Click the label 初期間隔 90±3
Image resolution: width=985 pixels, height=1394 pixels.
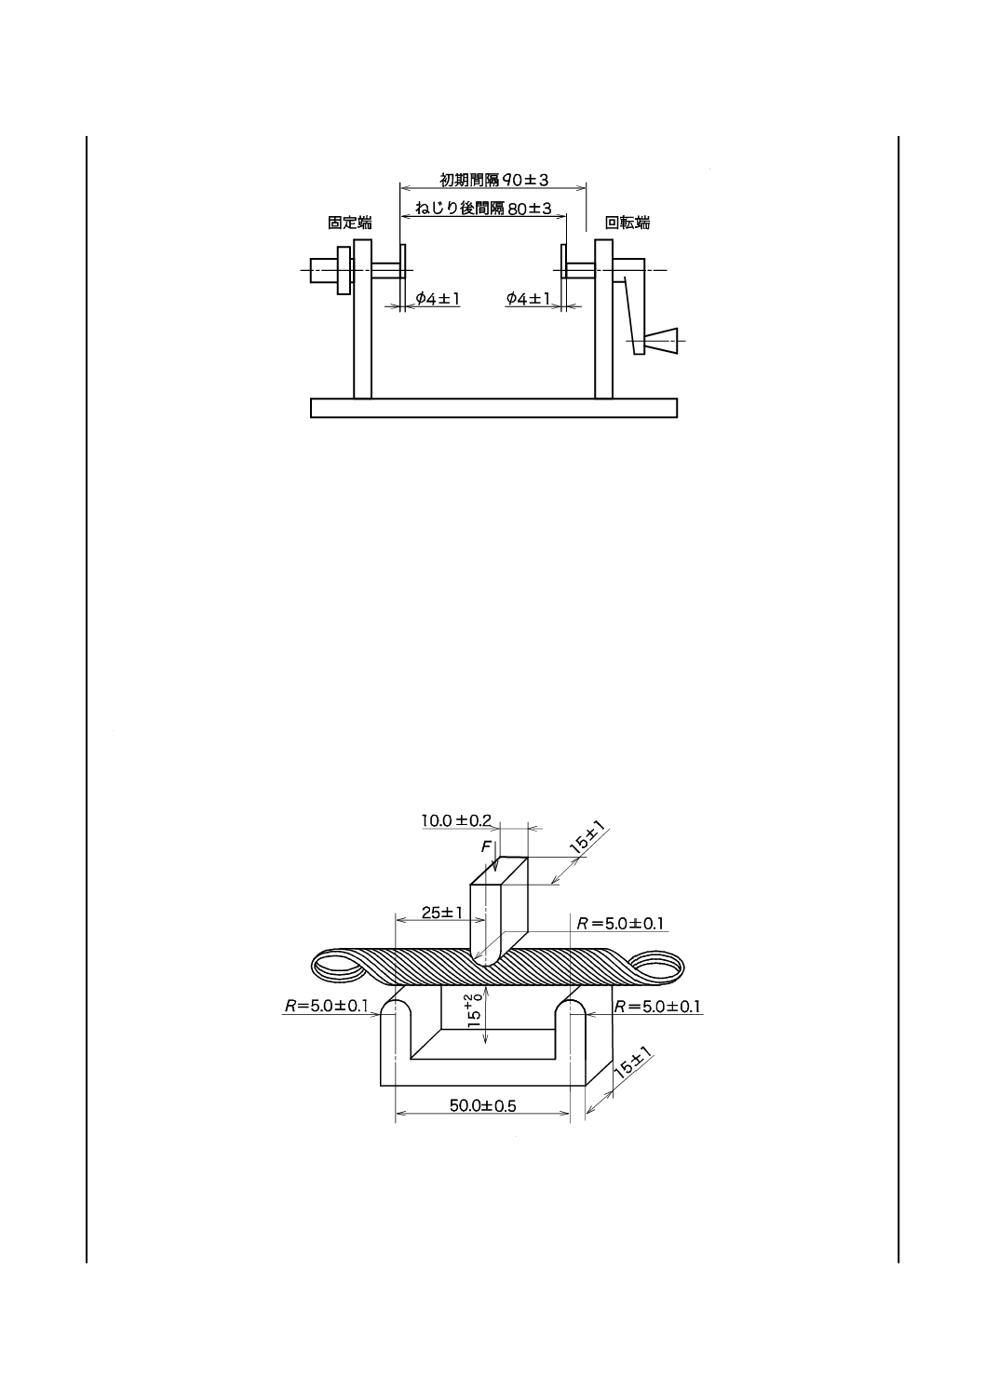(494, 178)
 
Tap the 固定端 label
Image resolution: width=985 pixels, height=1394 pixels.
(349, 223)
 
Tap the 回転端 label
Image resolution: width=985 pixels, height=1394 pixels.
(627, 223)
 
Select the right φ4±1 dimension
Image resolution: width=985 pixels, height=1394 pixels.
(528, 298)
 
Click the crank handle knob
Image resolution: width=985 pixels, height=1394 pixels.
(660, 342)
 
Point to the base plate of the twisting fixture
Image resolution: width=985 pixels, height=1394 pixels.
(493, 408)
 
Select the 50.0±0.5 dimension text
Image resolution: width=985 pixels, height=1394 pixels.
(482, 1105)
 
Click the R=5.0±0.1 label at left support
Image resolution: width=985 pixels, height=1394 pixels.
(327, 1006)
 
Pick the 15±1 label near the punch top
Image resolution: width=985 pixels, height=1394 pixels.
(588, 841)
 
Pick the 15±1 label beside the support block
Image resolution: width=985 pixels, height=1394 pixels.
(633, 1062)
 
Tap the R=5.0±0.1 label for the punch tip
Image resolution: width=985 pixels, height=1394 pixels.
(620, 924)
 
